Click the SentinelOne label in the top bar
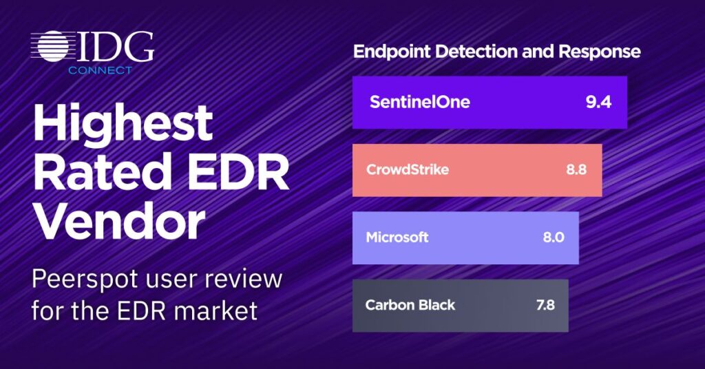[419, 102]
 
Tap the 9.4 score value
[598, 102]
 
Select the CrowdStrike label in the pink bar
[408, 170]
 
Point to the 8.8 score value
[576, 170]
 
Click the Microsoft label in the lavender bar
[397, 238]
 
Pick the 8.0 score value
[554, 238]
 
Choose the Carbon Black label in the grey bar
[410, 305]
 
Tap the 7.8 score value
[545, 305]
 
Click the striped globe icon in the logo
[52, 46]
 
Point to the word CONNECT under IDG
[100, 70]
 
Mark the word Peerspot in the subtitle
[85, 280]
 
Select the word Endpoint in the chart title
[392, 52]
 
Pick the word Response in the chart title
[600, 52]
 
